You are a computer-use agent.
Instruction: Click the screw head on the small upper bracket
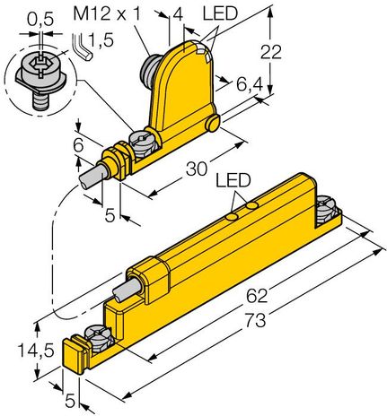(x=145, y=138)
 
